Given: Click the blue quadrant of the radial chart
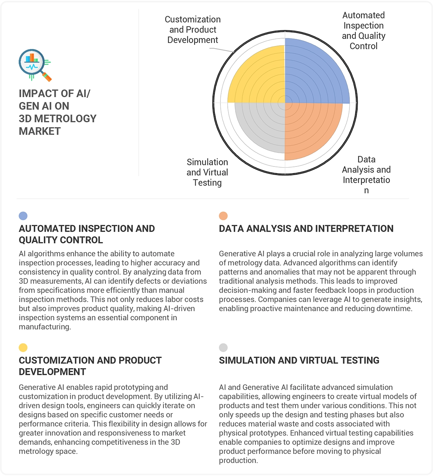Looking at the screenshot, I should tap(315, 72).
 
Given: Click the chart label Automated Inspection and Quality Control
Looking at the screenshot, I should tap(364, 31).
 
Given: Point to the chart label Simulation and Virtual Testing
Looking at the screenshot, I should tap(207, 172).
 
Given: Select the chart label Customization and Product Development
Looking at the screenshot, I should tap(193, 30).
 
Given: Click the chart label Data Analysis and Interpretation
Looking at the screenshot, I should tap(366, 175).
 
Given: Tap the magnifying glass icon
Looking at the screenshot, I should tap(34, 65).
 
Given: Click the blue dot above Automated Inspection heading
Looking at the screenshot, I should tap(23, 216).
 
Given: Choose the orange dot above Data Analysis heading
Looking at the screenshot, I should tap(223, 216).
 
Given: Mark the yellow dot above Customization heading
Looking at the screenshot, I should tap(23, 348).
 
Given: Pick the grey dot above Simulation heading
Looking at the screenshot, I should tap(223, 348).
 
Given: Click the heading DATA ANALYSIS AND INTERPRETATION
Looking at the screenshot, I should tap(306, 229).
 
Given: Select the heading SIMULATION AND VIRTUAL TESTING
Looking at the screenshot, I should tap(299, 360).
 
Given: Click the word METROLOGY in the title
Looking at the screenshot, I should tap(65, 119).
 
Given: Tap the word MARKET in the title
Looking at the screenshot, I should tap(40, 131).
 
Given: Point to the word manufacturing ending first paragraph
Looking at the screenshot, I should tap(44, 327).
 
